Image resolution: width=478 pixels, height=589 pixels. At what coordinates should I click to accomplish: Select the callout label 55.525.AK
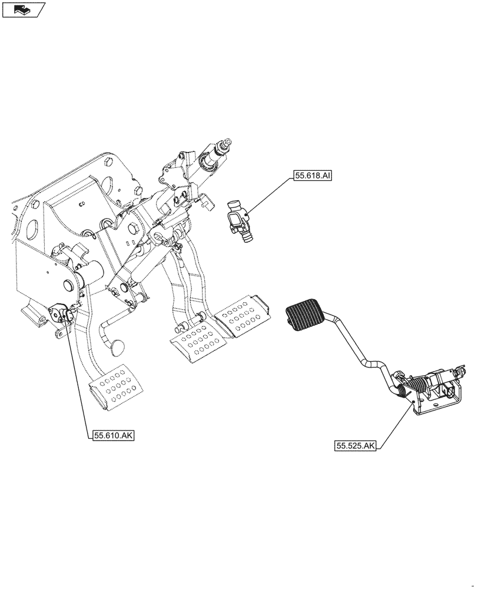click(x=356, y=446)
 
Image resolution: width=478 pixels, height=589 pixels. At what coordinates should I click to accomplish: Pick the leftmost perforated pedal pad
click(x=116, y=388)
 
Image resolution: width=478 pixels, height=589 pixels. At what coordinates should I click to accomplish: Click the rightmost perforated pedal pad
click(x=242, y=316)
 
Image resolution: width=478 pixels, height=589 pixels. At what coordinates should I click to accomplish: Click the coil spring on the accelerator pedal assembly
click(x=417, y=388)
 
